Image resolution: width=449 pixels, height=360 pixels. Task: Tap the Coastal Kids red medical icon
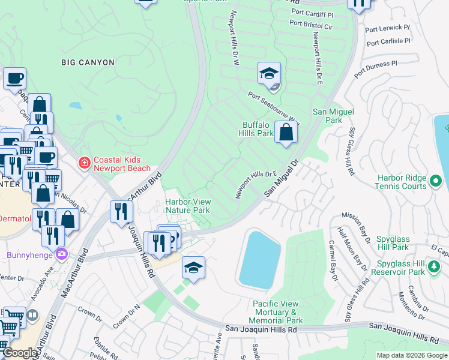(x=85, y=163)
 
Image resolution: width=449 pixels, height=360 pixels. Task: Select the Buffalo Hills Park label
(x=257, y=129)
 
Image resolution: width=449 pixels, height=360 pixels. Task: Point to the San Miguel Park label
(x=333, y=116)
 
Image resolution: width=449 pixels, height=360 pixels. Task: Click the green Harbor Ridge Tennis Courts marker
(x=436, y=180)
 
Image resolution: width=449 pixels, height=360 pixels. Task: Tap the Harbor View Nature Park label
(x=187, y=206)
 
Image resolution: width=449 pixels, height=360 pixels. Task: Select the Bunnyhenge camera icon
(x=61, y=254)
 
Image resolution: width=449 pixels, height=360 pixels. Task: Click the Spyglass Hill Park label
(x=400, y=243)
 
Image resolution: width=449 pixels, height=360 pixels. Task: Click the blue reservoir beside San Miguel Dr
(x=259, y=258)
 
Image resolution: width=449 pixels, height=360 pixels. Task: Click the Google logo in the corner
(x=20, y=353)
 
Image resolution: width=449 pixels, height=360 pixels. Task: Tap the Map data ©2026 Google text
(x=411, y=355)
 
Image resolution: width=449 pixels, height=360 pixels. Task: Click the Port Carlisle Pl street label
(x=388, y=42)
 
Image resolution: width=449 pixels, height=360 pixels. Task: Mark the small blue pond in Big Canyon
(x=75, y=106)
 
